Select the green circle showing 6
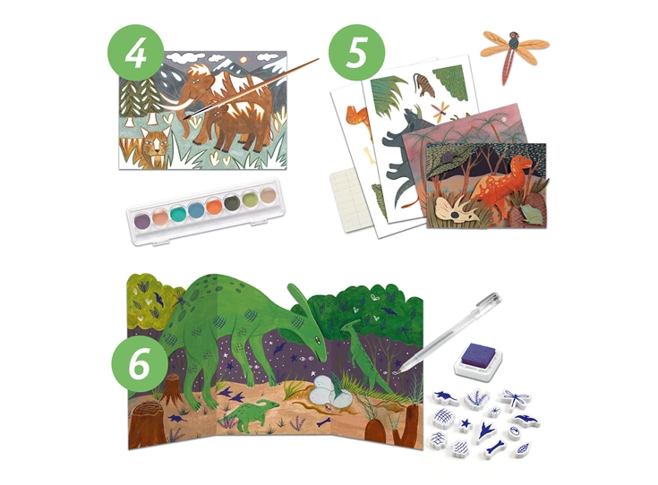[140, 363]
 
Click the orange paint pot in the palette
[214, 207]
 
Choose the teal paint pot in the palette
[178, 213]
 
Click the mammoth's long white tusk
[170, 103]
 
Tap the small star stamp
[465, 425]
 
